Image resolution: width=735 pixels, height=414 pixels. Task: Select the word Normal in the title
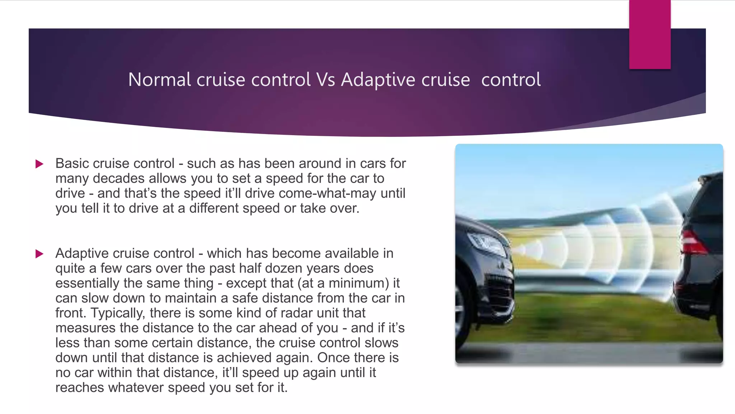point(159,79)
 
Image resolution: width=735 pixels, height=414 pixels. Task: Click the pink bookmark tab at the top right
point(650,34)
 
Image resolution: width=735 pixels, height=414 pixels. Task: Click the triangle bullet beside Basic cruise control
point(39,164)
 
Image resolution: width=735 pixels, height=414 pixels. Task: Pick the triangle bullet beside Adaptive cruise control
point(39,254)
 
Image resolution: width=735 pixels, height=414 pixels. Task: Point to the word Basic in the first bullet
point(72,164)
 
